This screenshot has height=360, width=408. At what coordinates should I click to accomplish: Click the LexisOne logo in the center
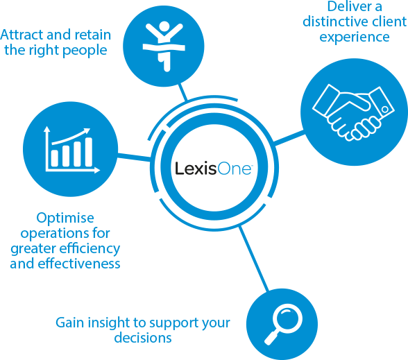pyautogui.click(x=213, y=169)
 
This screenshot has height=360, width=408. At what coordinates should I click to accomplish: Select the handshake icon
pyautogui.click(x=354, y=112)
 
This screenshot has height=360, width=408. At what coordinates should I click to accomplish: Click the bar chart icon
pyautogui.click(x=72, y=150)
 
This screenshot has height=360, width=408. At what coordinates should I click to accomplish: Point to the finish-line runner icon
pyautogui.click(x=164, y=46)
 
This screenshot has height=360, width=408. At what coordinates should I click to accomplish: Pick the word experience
pyautogui.click(x=355, y=37)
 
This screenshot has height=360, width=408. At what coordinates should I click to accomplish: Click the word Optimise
pyautogui.click(x=65, y=218)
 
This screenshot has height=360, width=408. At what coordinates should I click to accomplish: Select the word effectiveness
pyautogui.click(x=79, y=264)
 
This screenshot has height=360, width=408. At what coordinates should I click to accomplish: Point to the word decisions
pyautogui.click(x=143, y=338)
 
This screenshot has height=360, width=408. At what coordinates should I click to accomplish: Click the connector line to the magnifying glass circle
pyautogui.click(x=253, y=259)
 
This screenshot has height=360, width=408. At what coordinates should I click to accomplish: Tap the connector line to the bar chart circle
pyautogui.click(x=134, y=157)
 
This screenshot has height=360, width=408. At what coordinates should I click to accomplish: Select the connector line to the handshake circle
pyautogui.click(x=289, y=138)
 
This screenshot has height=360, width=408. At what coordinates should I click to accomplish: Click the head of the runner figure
pyautogui.click(x=164, y=27)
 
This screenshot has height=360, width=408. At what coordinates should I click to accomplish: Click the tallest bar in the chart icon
pyautogui.click(x=89, y=152)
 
